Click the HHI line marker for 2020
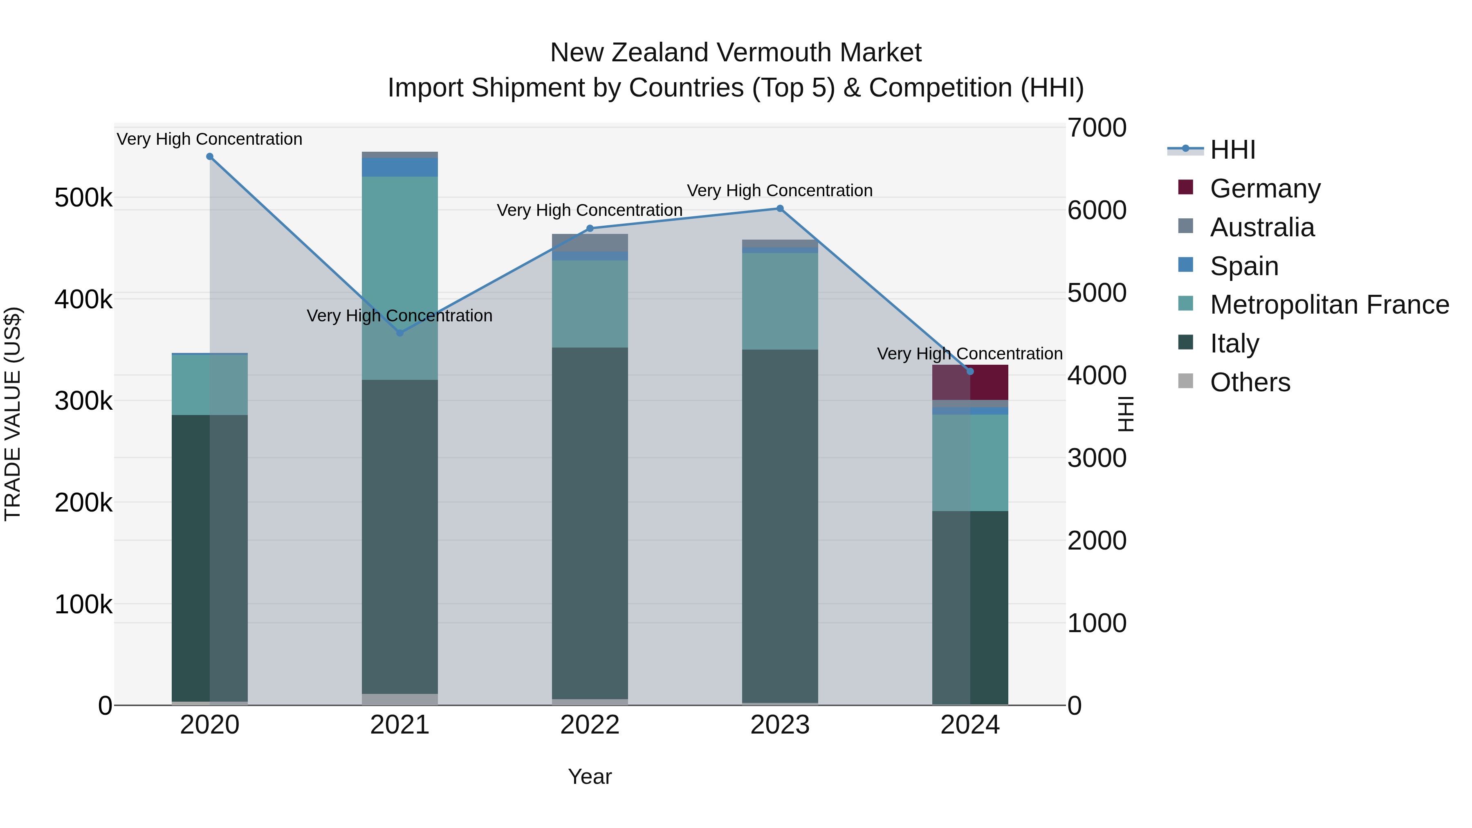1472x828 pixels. click(210, 157)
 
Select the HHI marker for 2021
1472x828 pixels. click(400, 333)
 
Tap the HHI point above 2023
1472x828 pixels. click(780, 209)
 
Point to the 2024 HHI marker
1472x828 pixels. click(970, 371)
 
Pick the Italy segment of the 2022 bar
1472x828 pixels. click(590, 523)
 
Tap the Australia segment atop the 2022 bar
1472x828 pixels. click(590, 243)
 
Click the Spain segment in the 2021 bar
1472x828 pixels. click(400, 167)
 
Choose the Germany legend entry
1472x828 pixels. click(1265, 188)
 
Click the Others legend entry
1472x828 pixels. click(1250, 382)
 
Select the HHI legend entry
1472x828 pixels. click(1232, 150)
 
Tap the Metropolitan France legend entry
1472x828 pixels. click(1329, 305)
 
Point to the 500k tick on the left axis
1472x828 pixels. click(83, 198)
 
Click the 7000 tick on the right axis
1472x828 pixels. click(1097, 128)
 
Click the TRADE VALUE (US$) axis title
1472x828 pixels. click(13, 414)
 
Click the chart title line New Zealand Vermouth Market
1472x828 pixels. click(736, 53)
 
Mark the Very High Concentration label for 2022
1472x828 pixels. click(590, 210)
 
